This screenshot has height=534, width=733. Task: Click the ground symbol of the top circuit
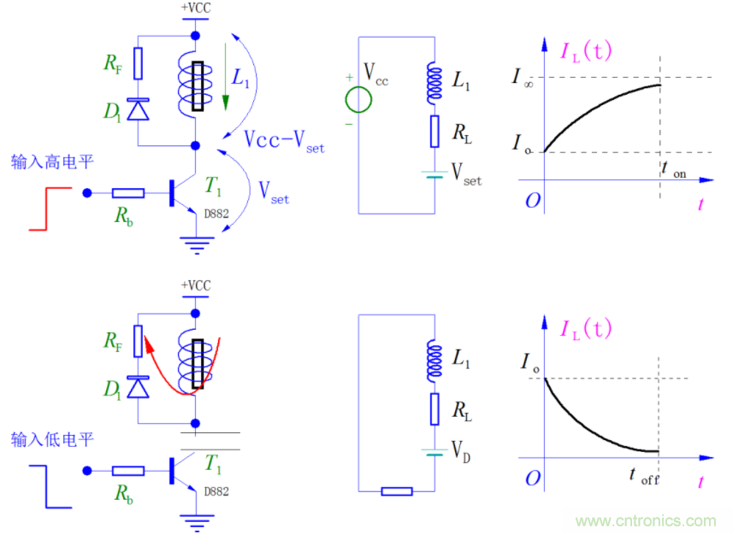[196, 247]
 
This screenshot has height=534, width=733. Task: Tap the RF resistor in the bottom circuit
[137, 338]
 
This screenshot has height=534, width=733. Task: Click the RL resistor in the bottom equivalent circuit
[435, 408]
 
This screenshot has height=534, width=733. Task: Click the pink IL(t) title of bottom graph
[585, 329]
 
